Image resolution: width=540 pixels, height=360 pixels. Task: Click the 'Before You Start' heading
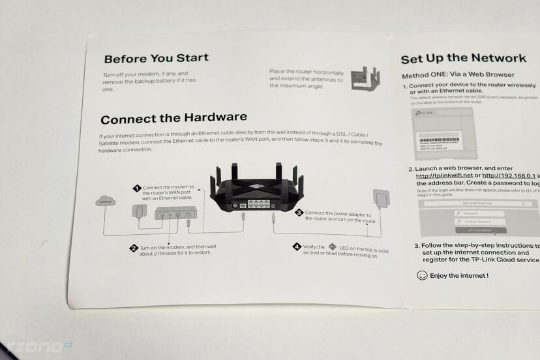coord(156,58)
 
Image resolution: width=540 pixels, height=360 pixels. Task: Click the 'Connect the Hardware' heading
coord(173,118)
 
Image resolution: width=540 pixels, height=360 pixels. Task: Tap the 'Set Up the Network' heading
coord(463,59)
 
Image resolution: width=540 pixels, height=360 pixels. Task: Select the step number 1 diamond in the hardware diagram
coord(137,188)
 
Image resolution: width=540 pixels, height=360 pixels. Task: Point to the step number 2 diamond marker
coord(134,248)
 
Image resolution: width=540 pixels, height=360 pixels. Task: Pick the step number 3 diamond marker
coord(299,213)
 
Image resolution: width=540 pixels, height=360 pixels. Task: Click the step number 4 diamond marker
coord(297,247)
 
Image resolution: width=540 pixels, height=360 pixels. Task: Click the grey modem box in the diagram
coord(175,213)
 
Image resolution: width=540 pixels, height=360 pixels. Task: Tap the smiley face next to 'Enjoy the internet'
coord(422,276)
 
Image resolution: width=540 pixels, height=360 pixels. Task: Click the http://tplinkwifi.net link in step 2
coord(444,175)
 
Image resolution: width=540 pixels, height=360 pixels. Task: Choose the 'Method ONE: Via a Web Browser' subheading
coord(458,75)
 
